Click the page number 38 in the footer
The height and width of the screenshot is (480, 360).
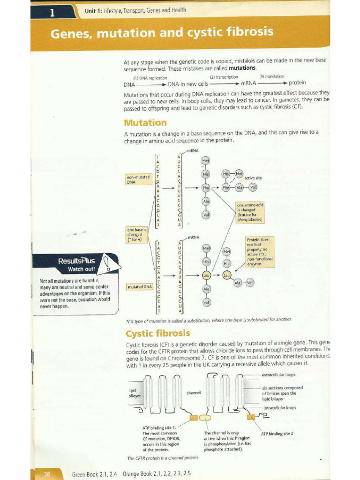coord(46,474)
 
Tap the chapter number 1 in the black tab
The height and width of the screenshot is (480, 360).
coord(52,13)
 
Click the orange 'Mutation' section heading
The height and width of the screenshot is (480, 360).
coord(145,123)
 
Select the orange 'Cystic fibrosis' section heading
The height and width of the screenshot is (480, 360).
coord(157,334)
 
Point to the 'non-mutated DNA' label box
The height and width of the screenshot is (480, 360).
coord(138,179)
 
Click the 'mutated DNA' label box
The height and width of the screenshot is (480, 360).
coord(138,286)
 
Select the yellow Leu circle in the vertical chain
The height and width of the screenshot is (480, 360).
coord(206,276)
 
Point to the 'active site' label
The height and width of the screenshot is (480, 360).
coord(253,178)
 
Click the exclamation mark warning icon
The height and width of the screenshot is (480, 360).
coord(108,262)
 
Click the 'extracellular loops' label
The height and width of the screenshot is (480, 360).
coord(278,375)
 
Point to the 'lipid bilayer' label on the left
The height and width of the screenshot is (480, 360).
coord(135,393)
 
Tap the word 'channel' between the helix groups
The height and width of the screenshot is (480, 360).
coord(194,392)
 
